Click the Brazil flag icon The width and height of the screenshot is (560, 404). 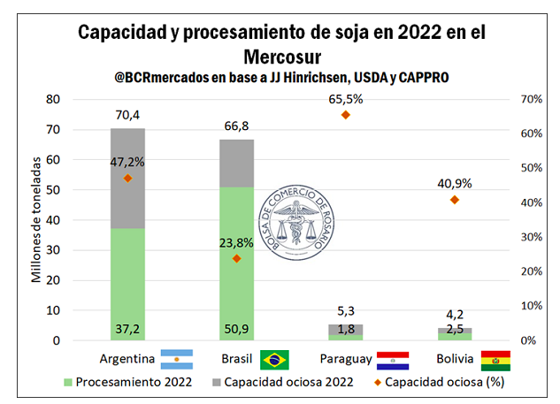[x=274, y=360]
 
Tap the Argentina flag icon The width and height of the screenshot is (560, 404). [x=176, y=360]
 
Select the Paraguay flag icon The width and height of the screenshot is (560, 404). [x=393, y=360]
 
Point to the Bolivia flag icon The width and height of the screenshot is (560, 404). [x=495, y=360]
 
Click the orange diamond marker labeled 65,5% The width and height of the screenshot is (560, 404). [x=346, y=115]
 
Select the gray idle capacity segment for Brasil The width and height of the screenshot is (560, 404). [x=236, y=164]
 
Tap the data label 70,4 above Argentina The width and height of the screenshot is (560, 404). [x=127, y=113]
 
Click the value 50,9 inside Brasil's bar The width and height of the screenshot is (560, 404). [x=236, y=330]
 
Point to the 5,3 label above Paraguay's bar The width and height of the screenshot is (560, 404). [x=346, y=310]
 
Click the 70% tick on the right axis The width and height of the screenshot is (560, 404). [x=530, y=99]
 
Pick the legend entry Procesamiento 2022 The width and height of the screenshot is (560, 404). [x=124, y=383]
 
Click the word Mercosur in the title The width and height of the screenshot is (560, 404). [x=280, y=57]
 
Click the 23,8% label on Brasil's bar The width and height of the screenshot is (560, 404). [x=236, y=241]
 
